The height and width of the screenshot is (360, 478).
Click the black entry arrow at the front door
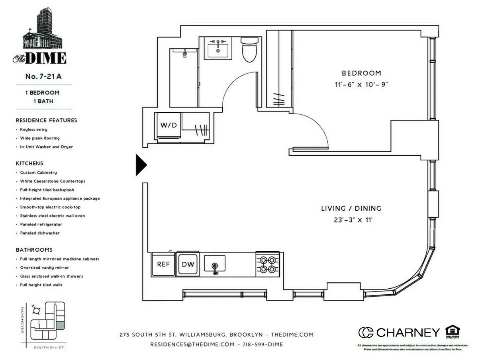click(x=141, y=164)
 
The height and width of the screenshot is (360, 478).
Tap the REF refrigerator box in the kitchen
click(x=163, y=264)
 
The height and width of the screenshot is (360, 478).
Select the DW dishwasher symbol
click(x=188, y=264)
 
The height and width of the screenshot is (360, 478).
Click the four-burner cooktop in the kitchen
click(x=267, y=264)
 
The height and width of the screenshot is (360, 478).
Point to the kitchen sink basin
click(x=215, y=264)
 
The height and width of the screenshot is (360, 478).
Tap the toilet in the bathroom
click(x=250, y=49)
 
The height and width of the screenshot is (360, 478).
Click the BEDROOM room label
click(x=361, y=73)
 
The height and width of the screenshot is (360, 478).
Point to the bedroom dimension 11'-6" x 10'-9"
click(x=361, y=84)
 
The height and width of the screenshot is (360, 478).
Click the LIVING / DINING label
click(x=351, y=208)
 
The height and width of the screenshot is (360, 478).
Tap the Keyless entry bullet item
click(x=34, y=129)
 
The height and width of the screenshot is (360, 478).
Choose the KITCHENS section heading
click(x=29, y=163)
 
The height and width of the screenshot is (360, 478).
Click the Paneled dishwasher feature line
click(x=40, y=233)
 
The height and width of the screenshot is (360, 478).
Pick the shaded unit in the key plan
click(x=59, y=325)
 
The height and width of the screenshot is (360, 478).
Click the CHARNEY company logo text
click(x=407, y=333)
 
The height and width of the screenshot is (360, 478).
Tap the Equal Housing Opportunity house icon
click(x=453, y=331)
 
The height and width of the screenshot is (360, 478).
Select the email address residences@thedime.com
click(x=192, y=344)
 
